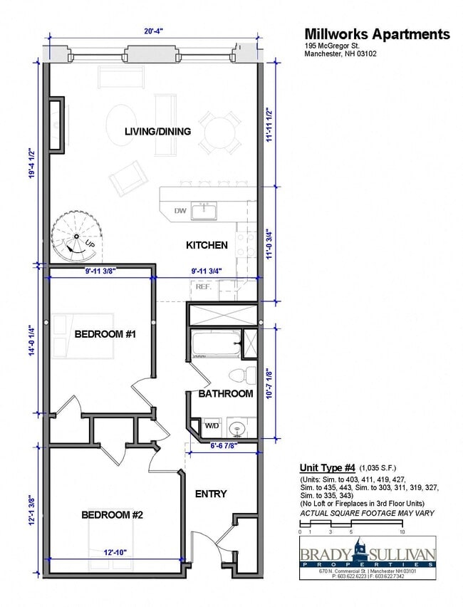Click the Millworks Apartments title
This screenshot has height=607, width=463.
pyautogui.click(x=377, y=34)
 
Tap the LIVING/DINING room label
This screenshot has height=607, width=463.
pyautogui.click(x=157, y=131)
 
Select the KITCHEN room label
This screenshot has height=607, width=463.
pyautogui.click(x=207, y=245)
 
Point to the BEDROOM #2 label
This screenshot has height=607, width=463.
pyautogui.click(x=113, y=514)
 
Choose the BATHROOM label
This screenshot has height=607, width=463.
pyautogui.click(x=226, y=393)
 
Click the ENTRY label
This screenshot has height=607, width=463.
pyautogui.click(x=211, y=494)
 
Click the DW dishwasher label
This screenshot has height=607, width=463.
pyautogui.click(x=180, y=211)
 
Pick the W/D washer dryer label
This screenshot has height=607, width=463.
pyautogui.click(x=212, y=426)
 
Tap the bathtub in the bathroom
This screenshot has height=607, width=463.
pyautogui.click(x=215, y=344)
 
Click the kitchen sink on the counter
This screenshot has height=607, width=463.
pyautogui.click(x=206, y=210)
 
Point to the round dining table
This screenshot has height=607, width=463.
pyautogui.click(x=219, y=133)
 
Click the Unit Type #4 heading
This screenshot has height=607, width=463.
pyautogui.click(x=326, y=467)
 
